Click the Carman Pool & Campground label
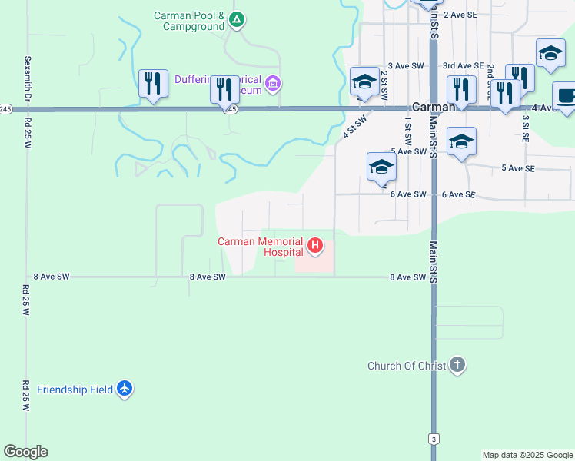pyautogui.click(x=188, y=20)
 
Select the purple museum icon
pyautogui.click(x=272, y=82)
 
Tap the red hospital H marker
pyautogui.click(x=315, y=246)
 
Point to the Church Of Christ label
pyautogui.click(x=407, y=366)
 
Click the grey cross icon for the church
pyautogui.click(x=457, y=365)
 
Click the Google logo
pyautogui.click(x=26, y=452)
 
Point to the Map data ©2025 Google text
pyautogui.click(x=527, y=455)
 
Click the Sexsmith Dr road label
pyautogui.click(x=27, y=78)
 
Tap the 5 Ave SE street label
pyautogui.click(x=519, y=167)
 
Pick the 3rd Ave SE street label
pyautogui.click(x=463, y=66)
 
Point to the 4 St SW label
pyautogui.click(x=353, y=124)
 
